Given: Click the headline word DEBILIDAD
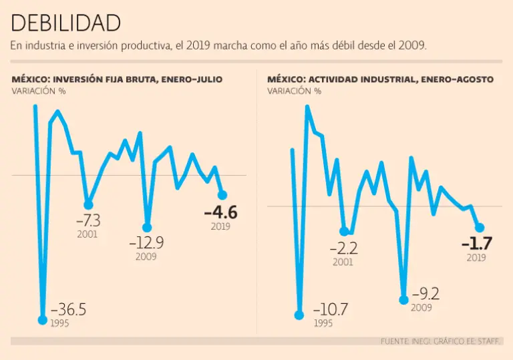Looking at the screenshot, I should click(x=66, y=23).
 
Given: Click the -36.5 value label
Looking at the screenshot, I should click(x=67, y=311).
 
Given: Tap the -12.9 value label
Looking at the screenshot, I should click(x=146, y=243).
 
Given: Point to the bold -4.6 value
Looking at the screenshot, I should click(x=220, y=213).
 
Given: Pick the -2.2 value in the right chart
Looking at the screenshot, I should click(x=343, y=248).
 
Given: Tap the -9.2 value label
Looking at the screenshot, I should click(x=425, y=294).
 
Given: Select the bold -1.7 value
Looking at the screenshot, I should click(x=476, y=244).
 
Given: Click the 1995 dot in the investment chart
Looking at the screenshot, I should click(x=43, y=320).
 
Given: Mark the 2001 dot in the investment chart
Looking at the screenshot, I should click(x=88, y=204).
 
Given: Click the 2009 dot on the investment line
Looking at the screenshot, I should click(x=147, y=227).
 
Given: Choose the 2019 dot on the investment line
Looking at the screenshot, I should click(x=222, y=195).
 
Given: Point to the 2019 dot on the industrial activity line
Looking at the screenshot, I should click(x=479, y=228).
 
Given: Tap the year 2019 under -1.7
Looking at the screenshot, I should click(x=476, y=258).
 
